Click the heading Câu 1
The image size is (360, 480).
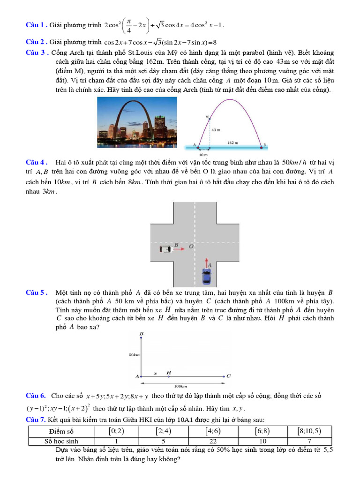[x=36, y=24]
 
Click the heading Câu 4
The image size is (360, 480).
[x=36, y=162]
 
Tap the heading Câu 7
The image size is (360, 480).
[x=36, y=419]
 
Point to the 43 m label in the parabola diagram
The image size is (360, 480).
[x=216, y=129]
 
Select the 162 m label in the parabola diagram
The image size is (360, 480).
[x=232, y=142]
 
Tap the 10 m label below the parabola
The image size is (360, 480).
[x=202, y=154]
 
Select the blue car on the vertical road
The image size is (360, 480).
[x=206, y=276]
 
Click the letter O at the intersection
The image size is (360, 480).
[x=191, y=246]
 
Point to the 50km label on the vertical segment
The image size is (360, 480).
[x=134, y=355]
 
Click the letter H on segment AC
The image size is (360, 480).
[x=168, y=373]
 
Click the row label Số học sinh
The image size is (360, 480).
[x=61, y=441]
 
